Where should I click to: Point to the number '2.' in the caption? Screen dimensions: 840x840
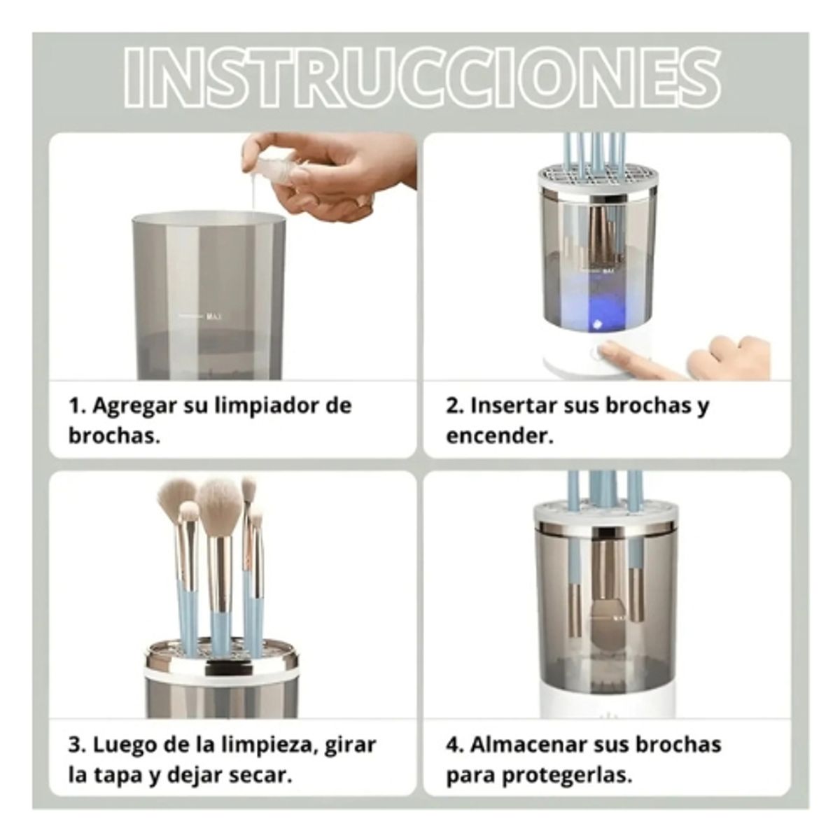(455, 405)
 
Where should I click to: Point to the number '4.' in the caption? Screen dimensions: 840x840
(456, 744)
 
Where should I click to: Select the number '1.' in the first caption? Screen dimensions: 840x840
(76, 405)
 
